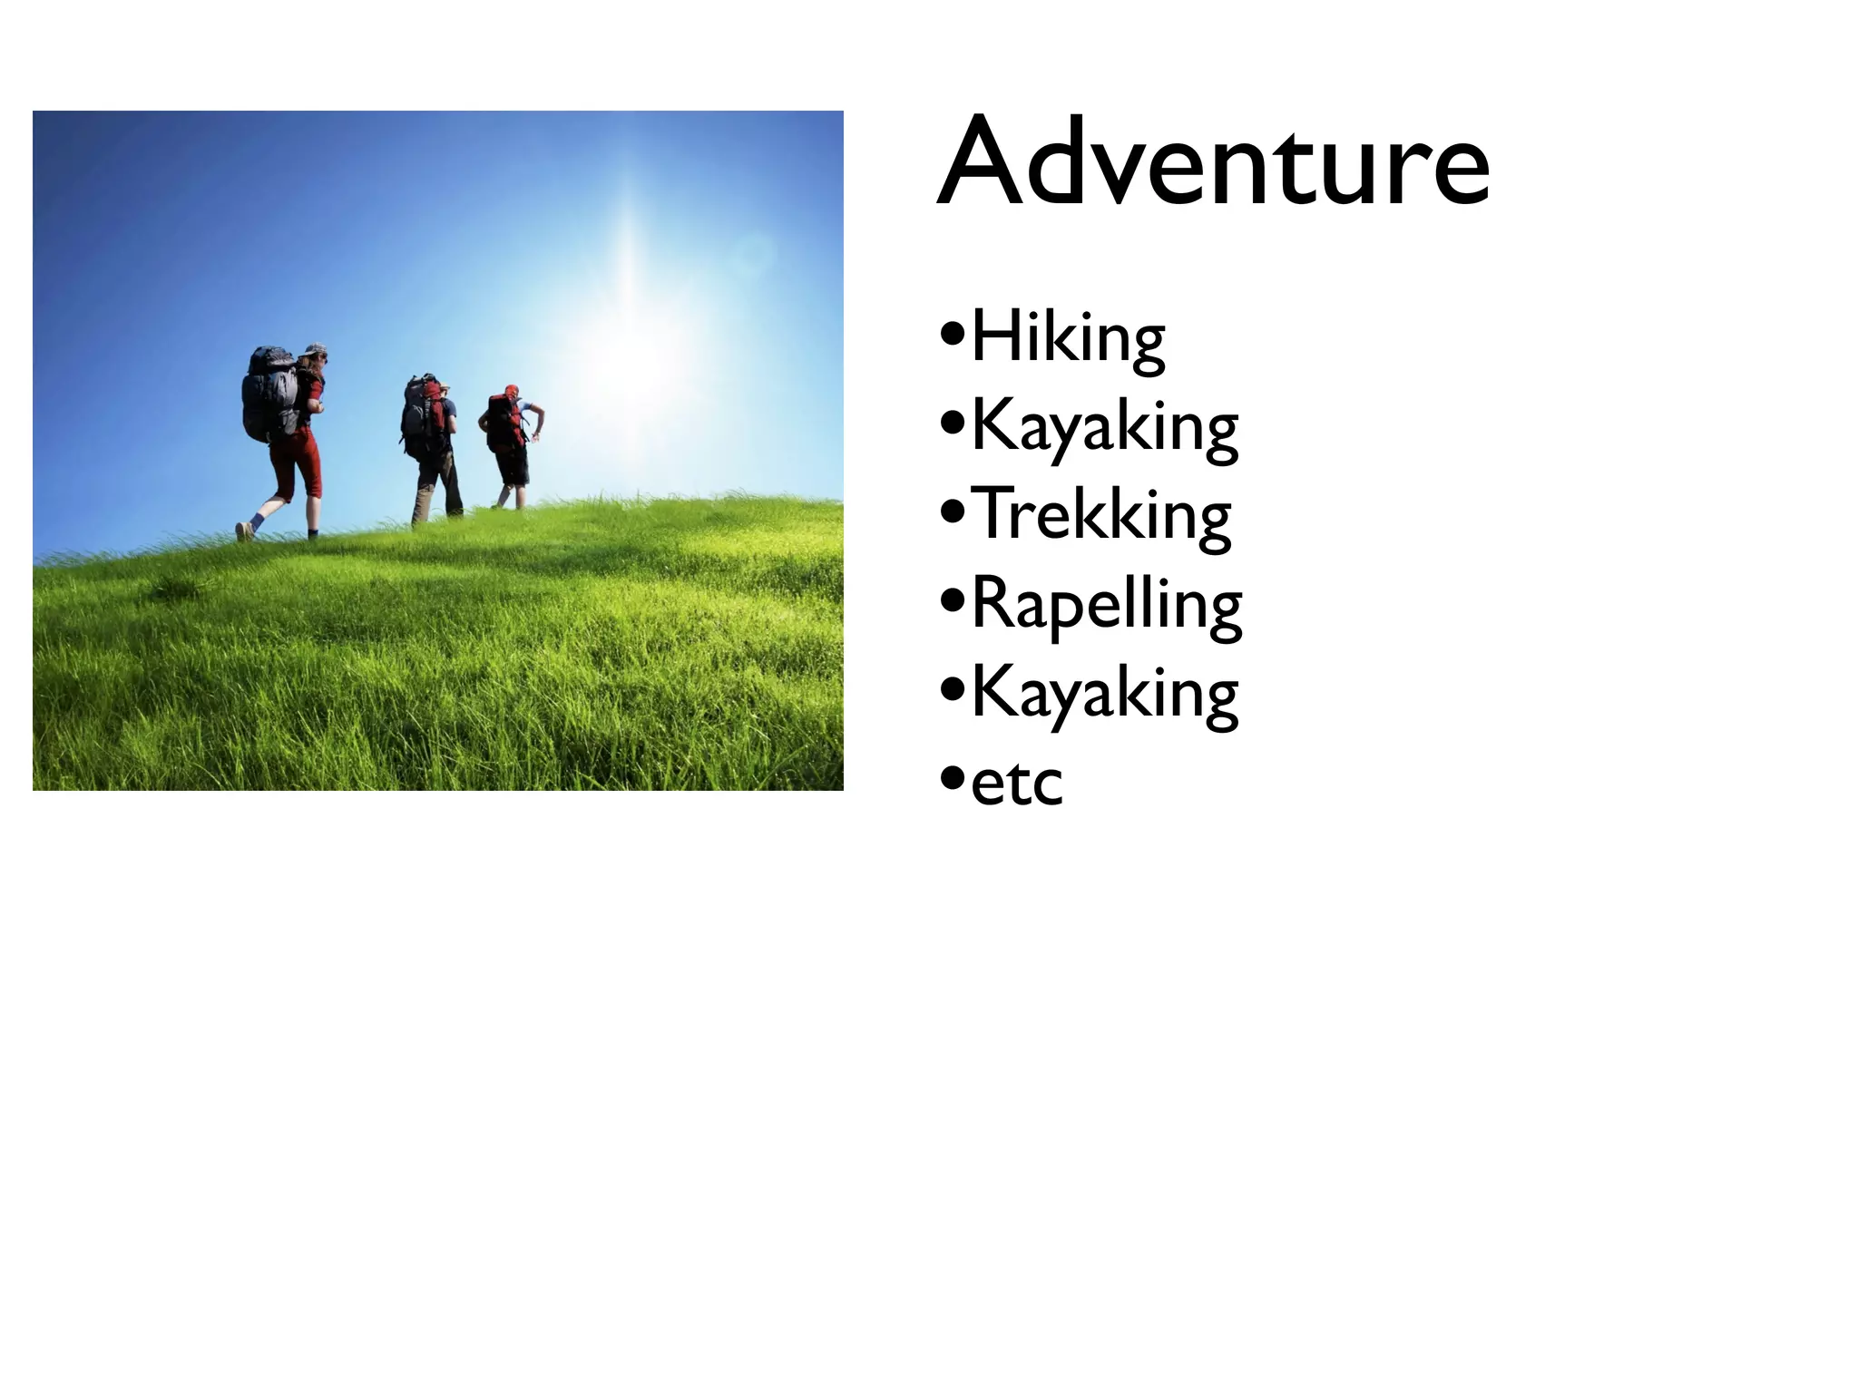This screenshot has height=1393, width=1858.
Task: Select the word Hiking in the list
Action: point(1068,338)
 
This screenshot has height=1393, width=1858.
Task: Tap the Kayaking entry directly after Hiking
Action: point(1104,427)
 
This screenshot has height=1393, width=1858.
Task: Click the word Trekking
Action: point(1100,515)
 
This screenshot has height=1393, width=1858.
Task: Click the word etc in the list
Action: point(1016,783)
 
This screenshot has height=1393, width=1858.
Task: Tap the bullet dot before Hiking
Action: point(952,338)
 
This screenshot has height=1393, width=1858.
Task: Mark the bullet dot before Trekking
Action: point(952,515)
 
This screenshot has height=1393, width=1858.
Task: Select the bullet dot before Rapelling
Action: point(952,602)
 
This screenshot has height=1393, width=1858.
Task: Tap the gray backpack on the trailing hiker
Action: point(269,394)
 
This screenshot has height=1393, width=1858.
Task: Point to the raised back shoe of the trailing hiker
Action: point(243,531)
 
